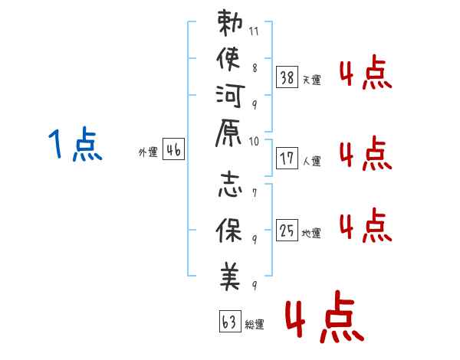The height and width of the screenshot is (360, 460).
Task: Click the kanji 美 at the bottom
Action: (x=230, y=276)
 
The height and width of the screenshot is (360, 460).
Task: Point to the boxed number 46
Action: (x=173, y=151)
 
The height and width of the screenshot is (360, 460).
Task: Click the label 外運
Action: (x=148, y=152)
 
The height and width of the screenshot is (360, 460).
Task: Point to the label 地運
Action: (x=311, y=234)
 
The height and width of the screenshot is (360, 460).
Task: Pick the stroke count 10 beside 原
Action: (x=255, y=141)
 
